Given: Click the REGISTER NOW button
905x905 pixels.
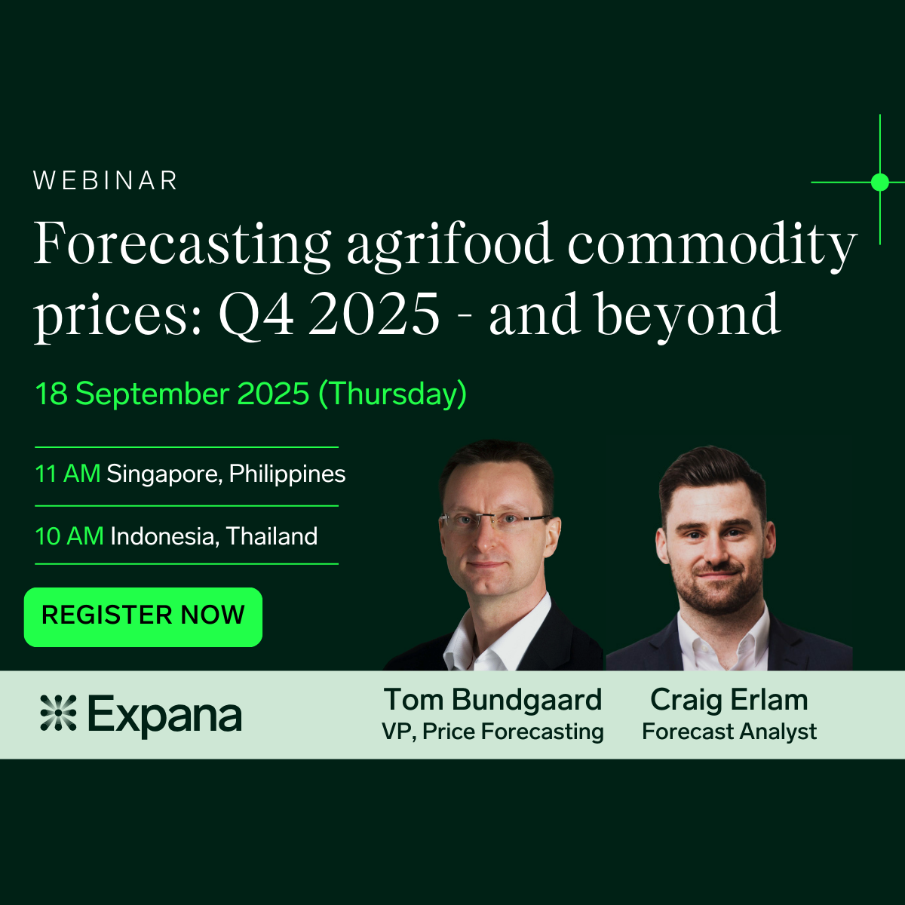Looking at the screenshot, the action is click(x=143, y=617).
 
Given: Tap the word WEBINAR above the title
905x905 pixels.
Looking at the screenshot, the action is click(x=106, y=181).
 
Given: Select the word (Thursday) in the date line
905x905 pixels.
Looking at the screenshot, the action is click(x=393, y=394).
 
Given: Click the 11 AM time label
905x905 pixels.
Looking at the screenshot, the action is click(x=68, y=474).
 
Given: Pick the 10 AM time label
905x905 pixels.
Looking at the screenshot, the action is click(x=69, y=536).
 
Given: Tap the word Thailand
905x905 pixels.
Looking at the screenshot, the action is click(x=272, y=536).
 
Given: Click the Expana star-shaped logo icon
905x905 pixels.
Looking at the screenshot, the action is click(x=58, y=713).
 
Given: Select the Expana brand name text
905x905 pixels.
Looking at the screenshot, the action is click(x=165, y=714).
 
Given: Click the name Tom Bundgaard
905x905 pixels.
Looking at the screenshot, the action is click(x=492, y=700).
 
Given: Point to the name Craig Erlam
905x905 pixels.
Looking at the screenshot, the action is click(x=729, y=700).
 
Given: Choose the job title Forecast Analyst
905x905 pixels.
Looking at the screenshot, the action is click(x=729, y=732).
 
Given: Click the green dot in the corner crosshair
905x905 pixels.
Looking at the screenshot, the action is click(x=879, y=183).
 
